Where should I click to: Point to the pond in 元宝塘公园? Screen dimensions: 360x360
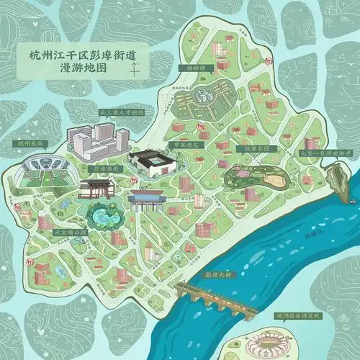[x=104, y=215]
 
